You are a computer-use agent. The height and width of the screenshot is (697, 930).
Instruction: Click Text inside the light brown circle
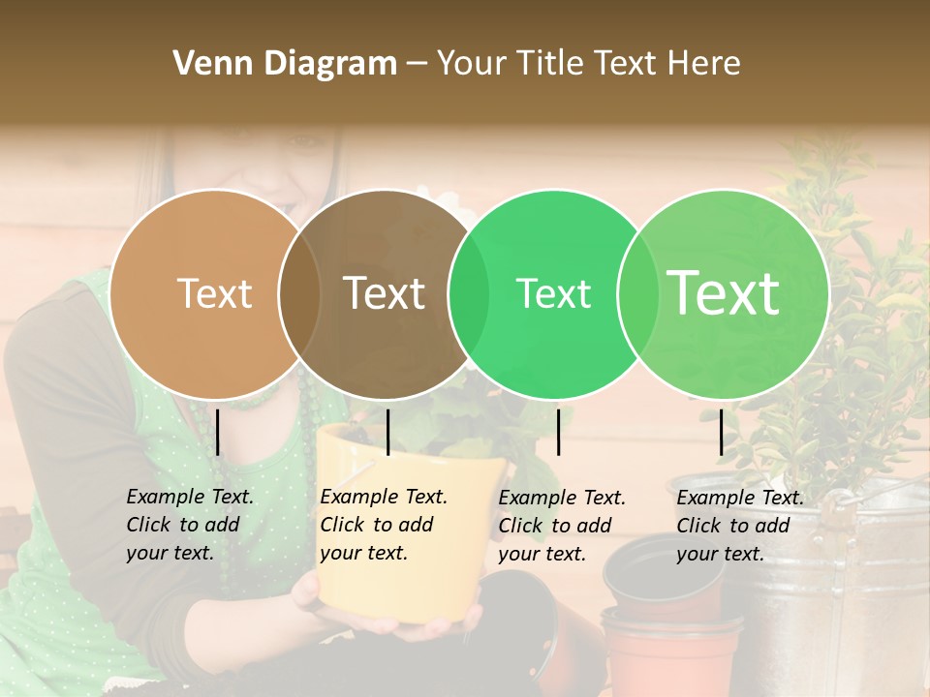tap(214, 293)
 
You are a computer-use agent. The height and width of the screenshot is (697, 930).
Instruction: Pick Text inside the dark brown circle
tap(385, 293)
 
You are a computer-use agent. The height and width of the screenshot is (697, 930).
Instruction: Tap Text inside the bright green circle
tap(553, 293)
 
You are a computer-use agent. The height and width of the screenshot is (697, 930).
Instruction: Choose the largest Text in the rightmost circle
tap(724, 293)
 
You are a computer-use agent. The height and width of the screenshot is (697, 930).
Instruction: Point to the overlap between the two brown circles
tap(299, 293)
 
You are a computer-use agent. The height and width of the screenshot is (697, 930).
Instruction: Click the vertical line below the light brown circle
tap(218, 432)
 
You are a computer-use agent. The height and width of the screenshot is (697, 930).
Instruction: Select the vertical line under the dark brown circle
tap(387, 432)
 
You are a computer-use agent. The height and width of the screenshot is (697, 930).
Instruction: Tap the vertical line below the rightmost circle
tap(722, 432)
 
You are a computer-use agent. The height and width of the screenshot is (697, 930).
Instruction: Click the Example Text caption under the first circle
tap(190, 525)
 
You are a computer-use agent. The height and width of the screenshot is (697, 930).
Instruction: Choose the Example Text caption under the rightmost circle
tap(739, 526)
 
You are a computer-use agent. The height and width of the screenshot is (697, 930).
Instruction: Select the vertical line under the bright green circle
tap(559, 432)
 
